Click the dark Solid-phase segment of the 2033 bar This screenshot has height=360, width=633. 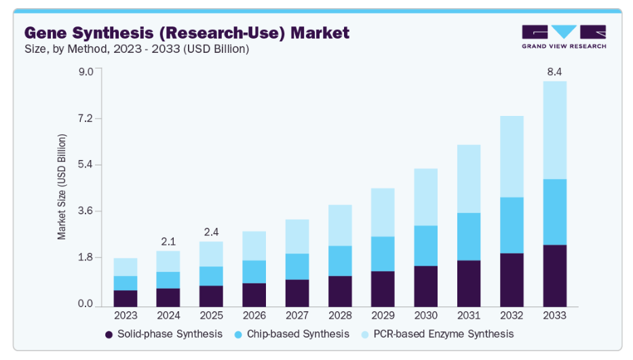[554, 275]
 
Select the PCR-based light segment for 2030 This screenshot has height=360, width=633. [425, 197]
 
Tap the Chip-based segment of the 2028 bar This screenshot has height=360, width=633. [339, 260]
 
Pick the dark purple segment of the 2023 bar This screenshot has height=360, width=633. [126, 298]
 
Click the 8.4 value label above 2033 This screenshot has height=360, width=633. [554, 71]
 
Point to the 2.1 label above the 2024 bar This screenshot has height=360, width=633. [168, 241]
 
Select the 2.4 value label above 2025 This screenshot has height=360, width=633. [211, 231]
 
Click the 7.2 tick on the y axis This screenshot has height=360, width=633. [85, 119]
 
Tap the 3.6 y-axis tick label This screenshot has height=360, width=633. [85, 212]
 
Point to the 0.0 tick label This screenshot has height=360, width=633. [85, 304]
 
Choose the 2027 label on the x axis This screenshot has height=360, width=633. [296, 315]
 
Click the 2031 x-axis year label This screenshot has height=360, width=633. [468, 315]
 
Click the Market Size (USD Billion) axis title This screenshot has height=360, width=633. [62, 186]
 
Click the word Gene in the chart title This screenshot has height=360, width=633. [47, 32]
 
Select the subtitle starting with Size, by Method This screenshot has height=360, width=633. [136, 48]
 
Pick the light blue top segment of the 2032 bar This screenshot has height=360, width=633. [512, 156]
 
